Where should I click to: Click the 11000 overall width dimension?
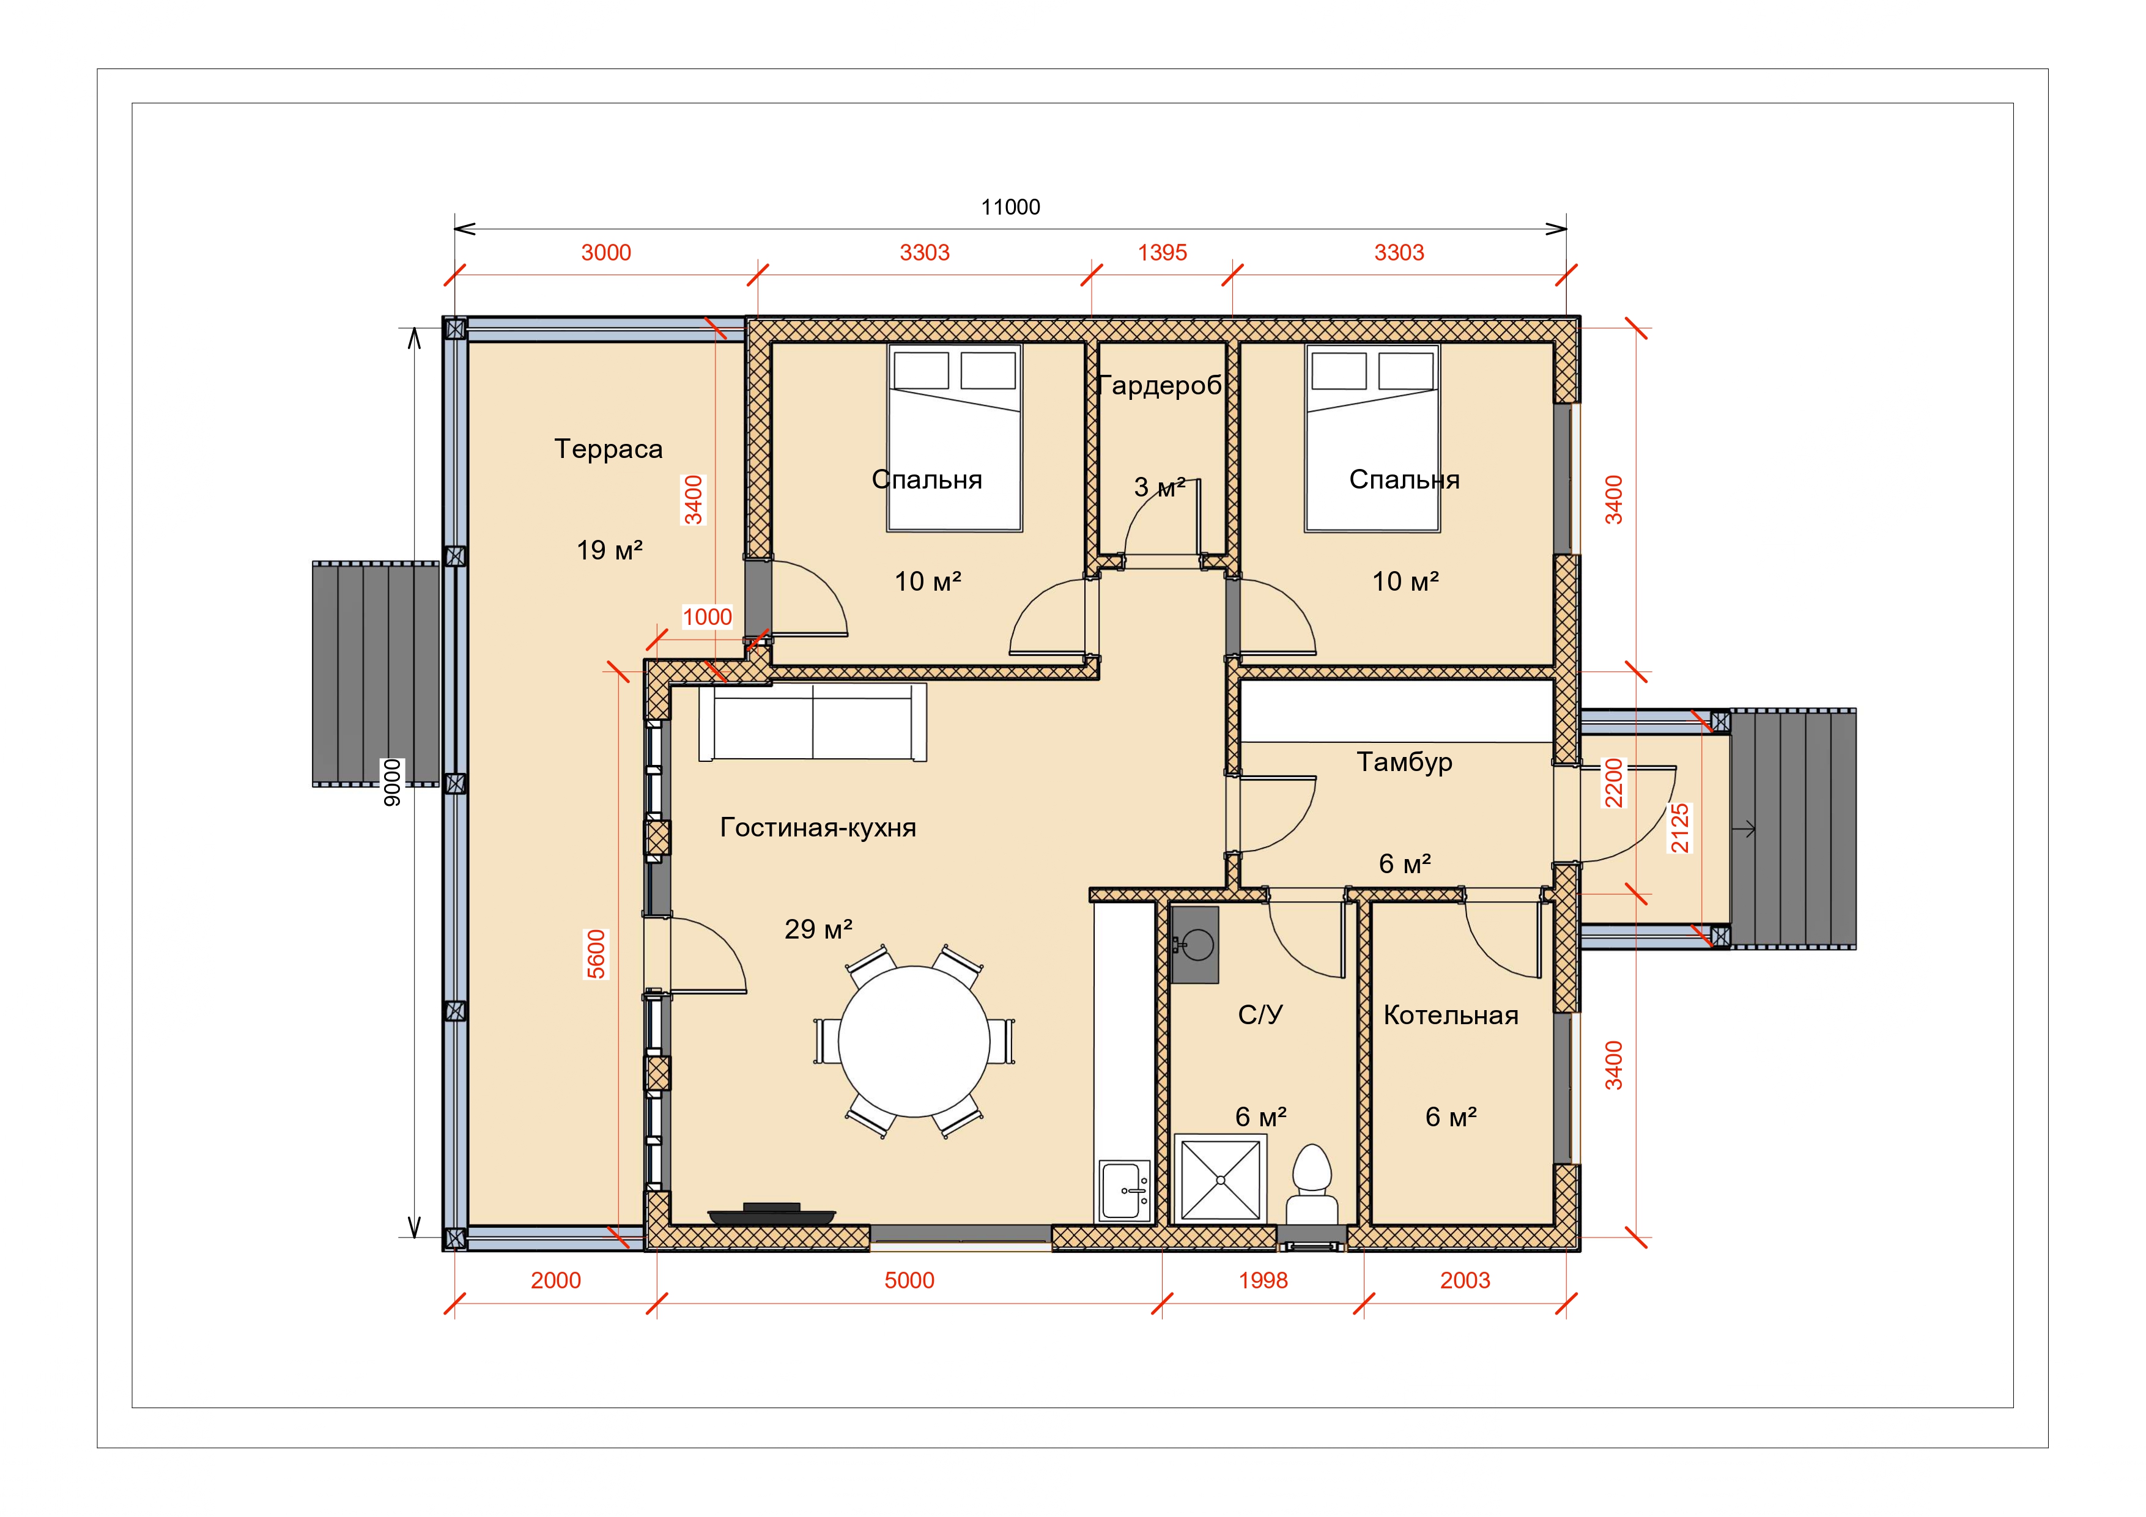[x=1010, y=207]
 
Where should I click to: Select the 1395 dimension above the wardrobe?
[x=1162, y=253]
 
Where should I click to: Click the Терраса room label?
[x=609, y=449]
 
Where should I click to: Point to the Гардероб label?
[x=1160, y=385]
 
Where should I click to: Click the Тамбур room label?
[x=1405, y=762]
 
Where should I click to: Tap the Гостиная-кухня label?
[x=818, y=827]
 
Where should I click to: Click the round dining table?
[x=914, y=1041]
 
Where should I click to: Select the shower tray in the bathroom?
[x=1221, y=1179]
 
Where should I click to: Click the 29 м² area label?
[x=819, y=929]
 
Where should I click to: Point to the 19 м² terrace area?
[x=609, y=550]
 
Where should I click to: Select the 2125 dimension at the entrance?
[x=1679, y=828]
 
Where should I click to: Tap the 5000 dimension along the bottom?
[x=909, y=1280]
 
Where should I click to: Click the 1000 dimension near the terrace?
[x=708, y=617]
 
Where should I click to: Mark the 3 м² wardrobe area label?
[x=1160, y=487]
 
